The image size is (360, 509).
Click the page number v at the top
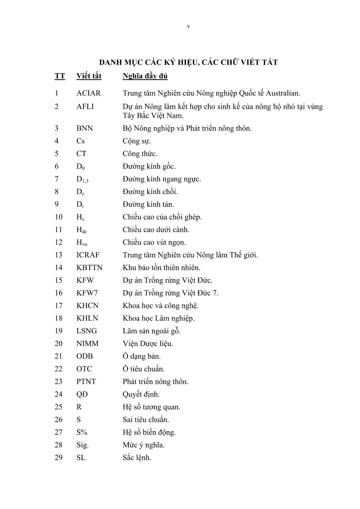click(x=188, y=27)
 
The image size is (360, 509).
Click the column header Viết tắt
click(x=89, y=76)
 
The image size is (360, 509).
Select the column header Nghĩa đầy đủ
click(x=145, y=76)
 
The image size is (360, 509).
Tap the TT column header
click(x=60, y=76)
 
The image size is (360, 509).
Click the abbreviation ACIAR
click(x=89, y=93)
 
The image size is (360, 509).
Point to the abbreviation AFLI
click(x=85, y=107)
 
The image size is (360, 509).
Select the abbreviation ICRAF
click(x=88, y=255)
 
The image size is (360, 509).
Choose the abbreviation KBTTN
click(x=90, y=268)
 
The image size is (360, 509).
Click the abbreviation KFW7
click(x=87, y=293)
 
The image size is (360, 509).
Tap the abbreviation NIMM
click(x=88, y=344)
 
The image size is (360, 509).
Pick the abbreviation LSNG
click(x=87, y=331)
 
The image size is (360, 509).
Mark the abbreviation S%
click(x=82, y=432)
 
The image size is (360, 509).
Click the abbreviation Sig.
click(x=83, y=445)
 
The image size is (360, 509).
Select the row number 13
click(x=59, y=255)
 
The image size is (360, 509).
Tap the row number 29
click(x=59, y=458)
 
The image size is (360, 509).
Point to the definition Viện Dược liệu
click(x=148, y=344)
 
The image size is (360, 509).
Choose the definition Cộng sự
click(x=137, y=141)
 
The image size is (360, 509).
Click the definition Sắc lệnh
click(x=137, y=458)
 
